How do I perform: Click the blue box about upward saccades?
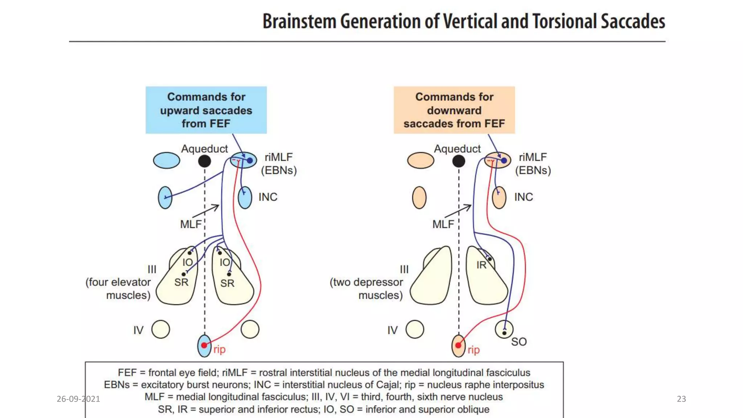click(x=206, y=110)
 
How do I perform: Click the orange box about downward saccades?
click(x=454, y=110)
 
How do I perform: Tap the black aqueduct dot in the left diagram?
click(x=205, y=161)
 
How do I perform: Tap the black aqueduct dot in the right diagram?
click(x=459, y=161)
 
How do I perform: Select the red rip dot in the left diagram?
click(x=204, y=345)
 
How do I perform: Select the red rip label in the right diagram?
click(x=473, y=350)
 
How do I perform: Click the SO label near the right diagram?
click(x=519, y=342)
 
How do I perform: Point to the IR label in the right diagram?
click(x=481, y=265)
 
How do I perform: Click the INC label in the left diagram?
click(x=268, y=197)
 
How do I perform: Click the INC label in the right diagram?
click(x=524, y=197)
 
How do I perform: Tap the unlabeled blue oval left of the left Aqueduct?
click(x=167, y=160)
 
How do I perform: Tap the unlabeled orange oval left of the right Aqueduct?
click(x=420, y=160)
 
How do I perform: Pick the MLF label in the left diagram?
click(x=190, y=224)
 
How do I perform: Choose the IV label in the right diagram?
click(x=392, y=330)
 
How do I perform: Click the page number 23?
click(x=681, y=399)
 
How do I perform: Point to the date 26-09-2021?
click(x=78, y=399)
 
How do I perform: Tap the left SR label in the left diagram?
click(x=181, y=282)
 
